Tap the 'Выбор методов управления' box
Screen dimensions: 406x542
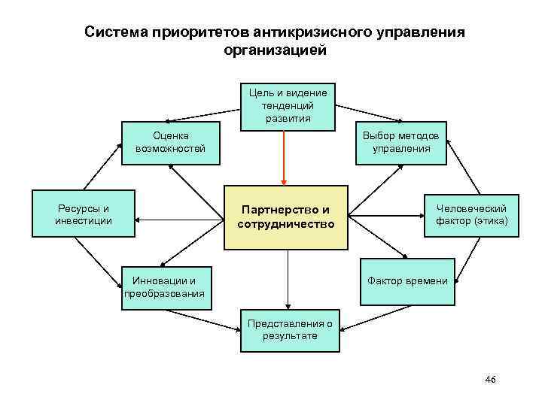[401, 142]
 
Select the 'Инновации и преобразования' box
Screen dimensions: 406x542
[164, 287]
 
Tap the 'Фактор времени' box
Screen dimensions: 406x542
[406, 281]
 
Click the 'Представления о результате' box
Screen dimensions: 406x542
[290, 330]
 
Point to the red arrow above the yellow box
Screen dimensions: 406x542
[284, 158]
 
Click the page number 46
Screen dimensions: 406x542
[491, 380]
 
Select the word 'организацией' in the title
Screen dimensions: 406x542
[275, 51]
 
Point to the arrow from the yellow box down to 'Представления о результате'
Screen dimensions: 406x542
[287, 278]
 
